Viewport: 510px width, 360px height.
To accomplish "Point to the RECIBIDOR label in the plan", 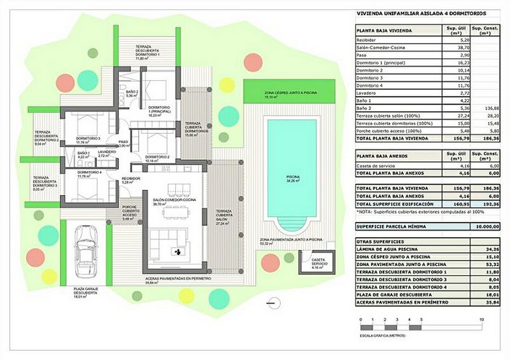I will pyautogui.click(x=130, y=178).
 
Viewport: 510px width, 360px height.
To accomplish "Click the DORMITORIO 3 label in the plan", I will pyautogui.click(x=88, y=138).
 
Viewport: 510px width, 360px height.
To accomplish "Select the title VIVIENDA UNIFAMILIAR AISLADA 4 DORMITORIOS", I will pyautogui.click(x=422, y=14).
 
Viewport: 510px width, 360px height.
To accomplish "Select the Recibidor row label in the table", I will pyautogui.click(x=370, y=40).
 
